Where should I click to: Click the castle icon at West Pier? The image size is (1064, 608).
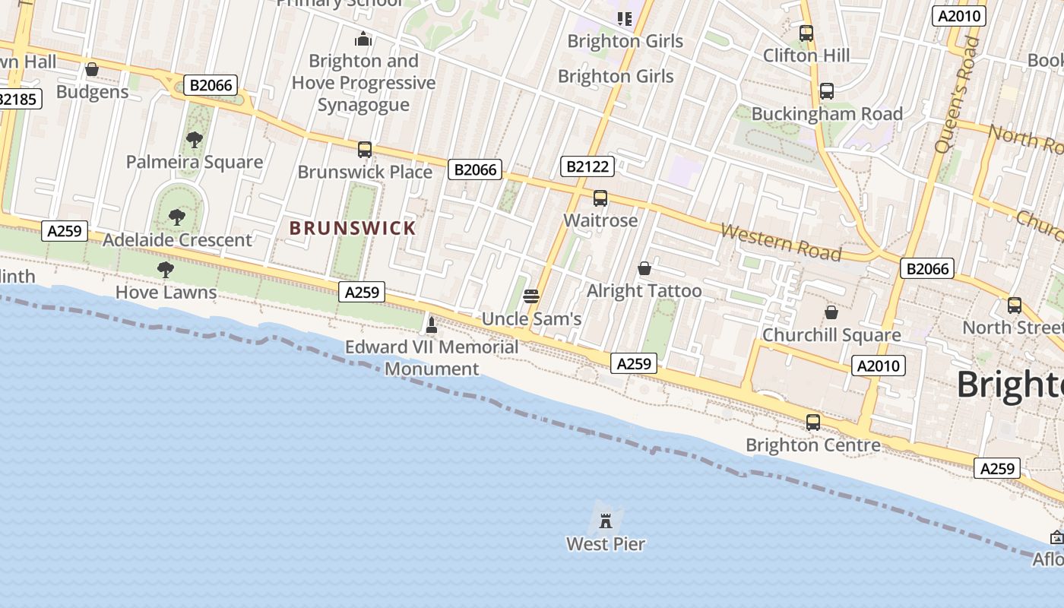(x=606, y=521)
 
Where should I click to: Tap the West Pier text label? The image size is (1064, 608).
(x=606, y=544)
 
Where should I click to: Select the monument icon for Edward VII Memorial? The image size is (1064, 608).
(x=432, y=325)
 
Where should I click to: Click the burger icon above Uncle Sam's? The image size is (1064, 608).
(x=531, y=296)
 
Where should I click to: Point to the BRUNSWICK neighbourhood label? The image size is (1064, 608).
(x=353, y=228)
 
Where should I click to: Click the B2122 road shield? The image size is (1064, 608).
(x=587, y=166)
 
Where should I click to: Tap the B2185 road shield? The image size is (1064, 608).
(x=17, y=99)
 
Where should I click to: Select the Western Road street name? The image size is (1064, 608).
(x=781, y=242)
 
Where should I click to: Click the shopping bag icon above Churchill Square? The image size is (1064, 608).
(x=831, y=312)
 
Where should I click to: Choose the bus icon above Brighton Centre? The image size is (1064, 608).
(x=813, y=423)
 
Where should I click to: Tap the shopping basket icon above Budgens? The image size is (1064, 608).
(x=92, y=70)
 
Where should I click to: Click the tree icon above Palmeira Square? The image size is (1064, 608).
(x=195, y=139)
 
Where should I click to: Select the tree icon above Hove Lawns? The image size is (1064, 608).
(x=165, y=270)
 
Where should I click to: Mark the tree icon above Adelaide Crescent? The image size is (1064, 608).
(x=177, y=217)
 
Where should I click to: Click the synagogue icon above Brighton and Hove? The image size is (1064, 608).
(x=363, y=39)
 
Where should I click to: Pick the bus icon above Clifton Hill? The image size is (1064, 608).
(x=806, y=33)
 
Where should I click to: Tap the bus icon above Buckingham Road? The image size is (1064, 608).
(x=827, y=91)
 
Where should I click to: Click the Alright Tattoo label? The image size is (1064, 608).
(x=644, y=291)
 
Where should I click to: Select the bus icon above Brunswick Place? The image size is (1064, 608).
(x=365, y=150)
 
